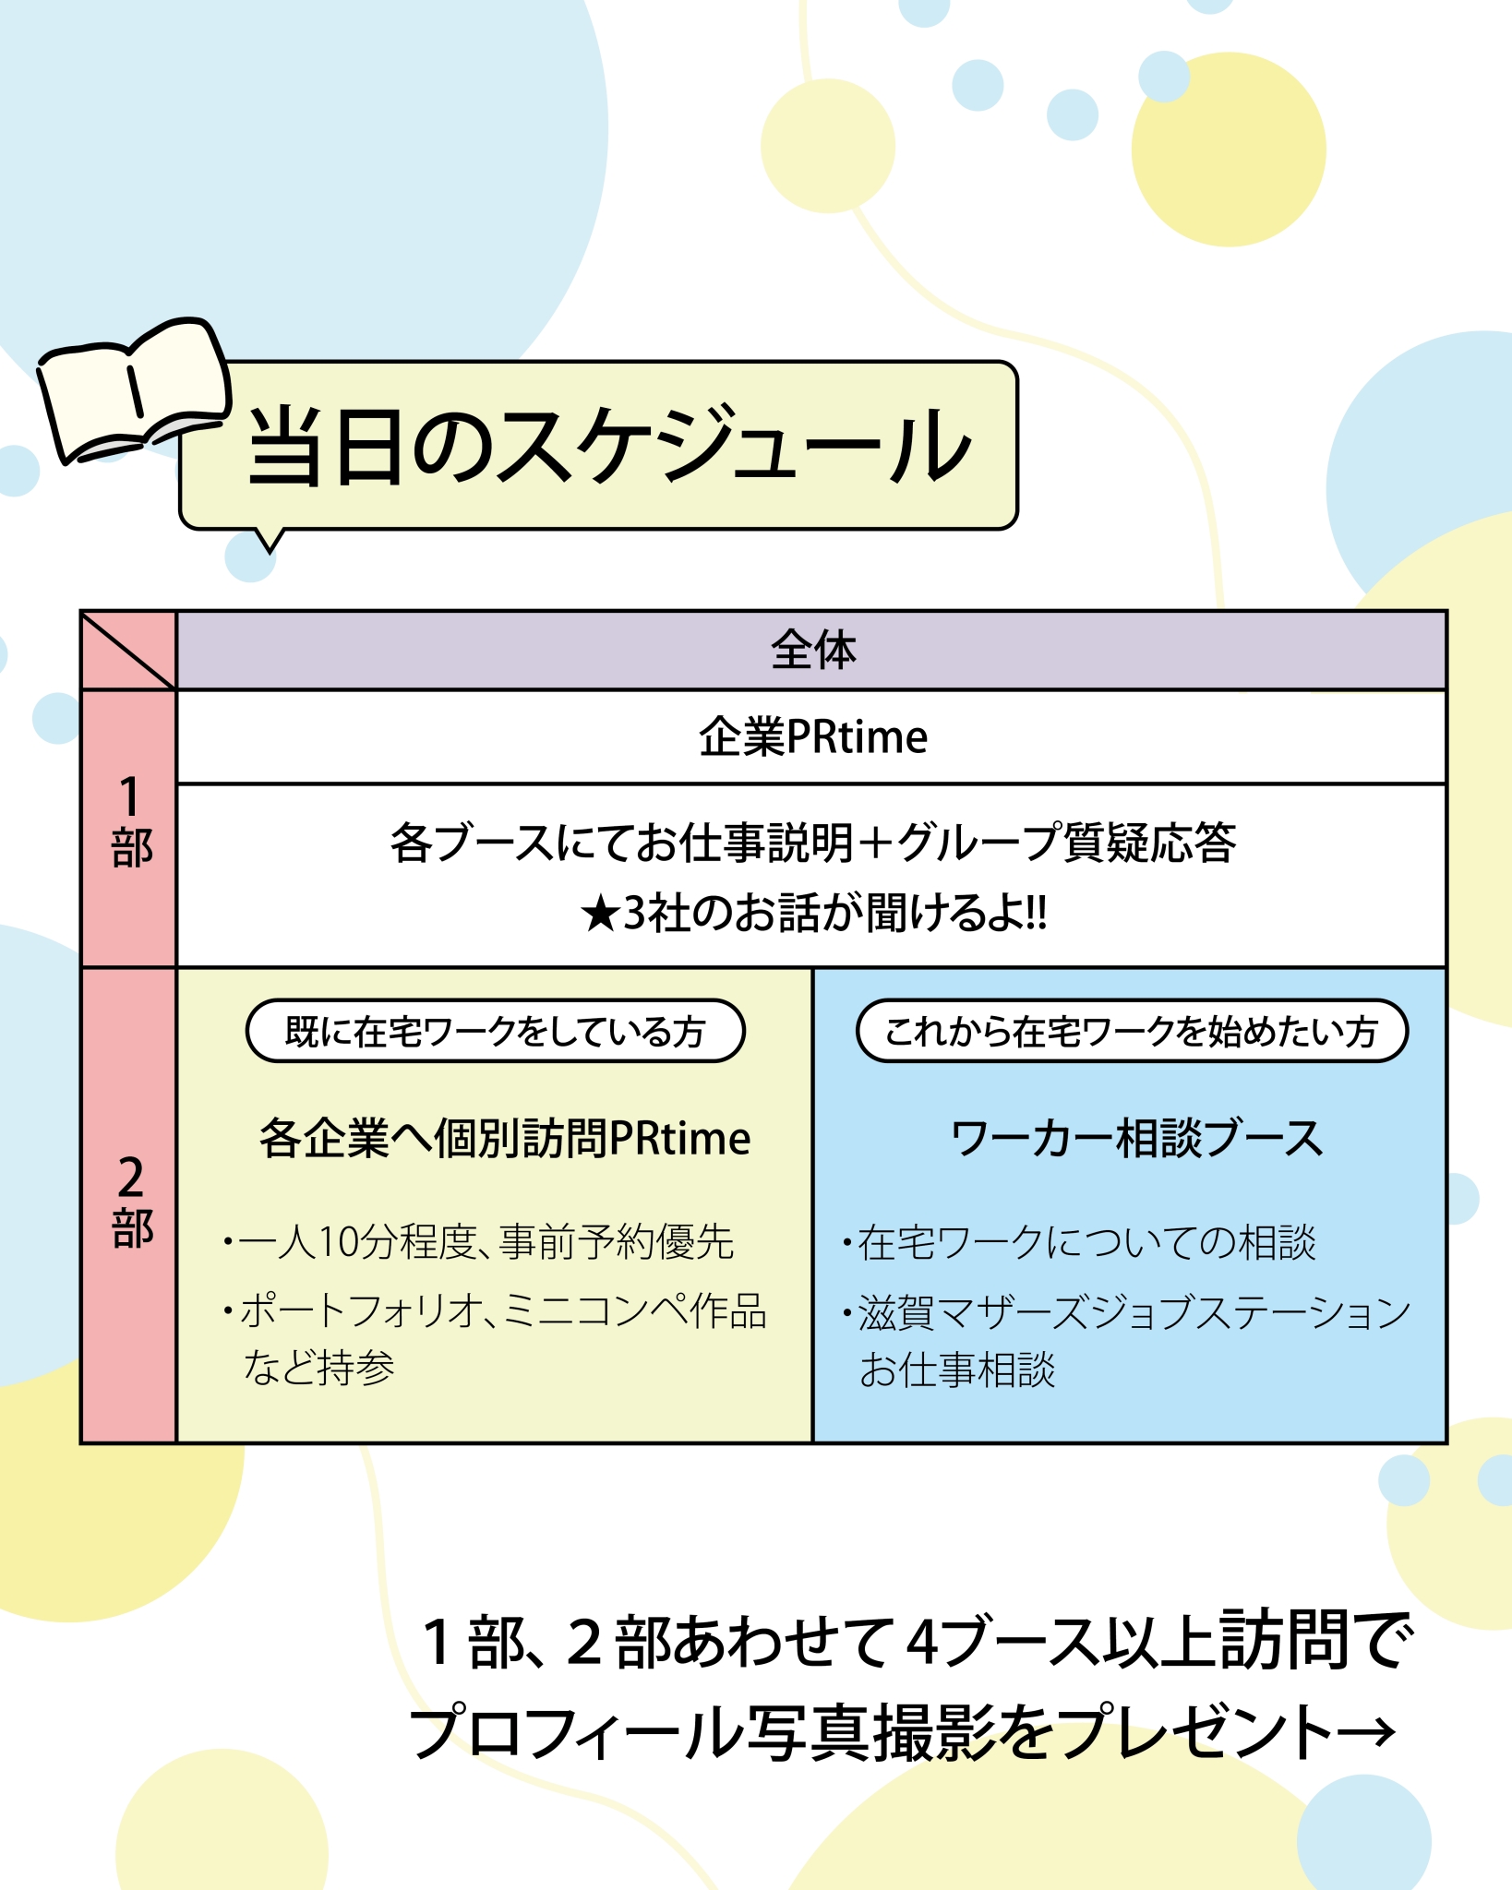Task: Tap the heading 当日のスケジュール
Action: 608,447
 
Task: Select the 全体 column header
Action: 812,650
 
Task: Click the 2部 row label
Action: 130,1202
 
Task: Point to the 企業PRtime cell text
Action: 812,736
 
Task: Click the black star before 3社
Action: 600,915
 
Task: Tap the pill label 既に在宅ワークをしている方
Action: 495,1031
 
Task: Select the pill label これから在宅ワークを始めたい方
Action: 1132,1031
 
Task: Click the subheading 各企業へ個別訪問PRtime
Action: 504,1138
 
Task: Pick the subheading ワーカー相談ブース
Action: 1136,1138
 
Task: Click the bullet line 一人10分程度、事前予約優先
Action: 486,1242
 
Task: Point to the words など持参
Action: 319,1367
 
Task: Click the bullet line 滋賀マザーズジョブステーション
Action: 1134,1312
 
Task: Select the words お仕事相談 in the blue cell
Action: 957,1370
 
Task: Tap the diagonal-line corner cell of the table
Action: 128,651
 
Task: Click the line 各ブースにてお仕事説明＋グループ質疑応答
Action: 812,843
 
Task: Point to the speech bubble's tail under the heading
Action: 270,540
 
